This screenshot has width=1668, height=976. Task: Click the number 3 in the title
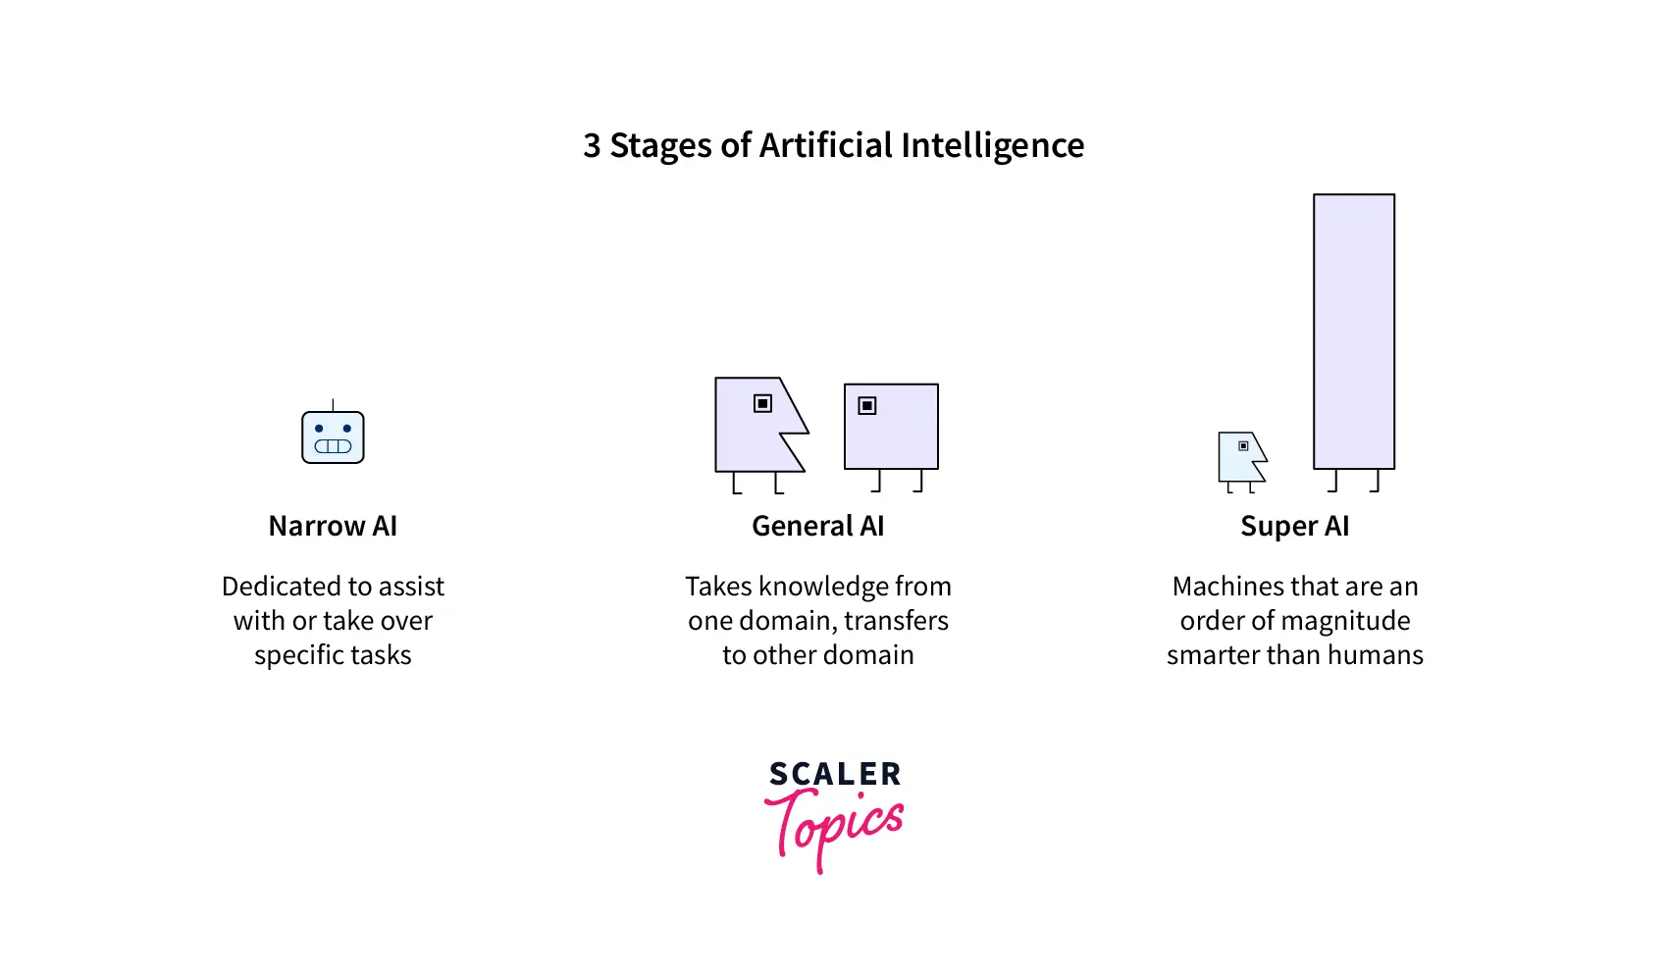pos(592,146)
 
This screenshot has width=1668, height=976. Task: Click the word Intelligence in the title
pos(993,146)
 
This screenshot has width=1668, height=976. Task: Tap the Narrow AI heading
pos(333,527)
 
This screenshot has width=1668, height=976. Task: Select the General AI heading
pos(817,527)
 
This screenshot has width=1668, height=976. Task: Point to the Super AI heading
pos(1294,527)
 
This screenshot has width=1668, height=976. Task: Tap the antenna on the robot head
pos(333,404)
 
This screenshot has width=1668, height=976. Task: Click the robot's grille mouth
pos(333,446)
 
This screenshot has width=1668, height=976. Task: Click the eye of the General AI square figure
pos(866,406)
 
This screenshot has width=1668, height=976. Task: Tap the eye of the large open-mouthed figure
pos(762,403)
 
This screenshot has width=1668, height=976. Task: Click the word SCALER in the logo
pos(835,774)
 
